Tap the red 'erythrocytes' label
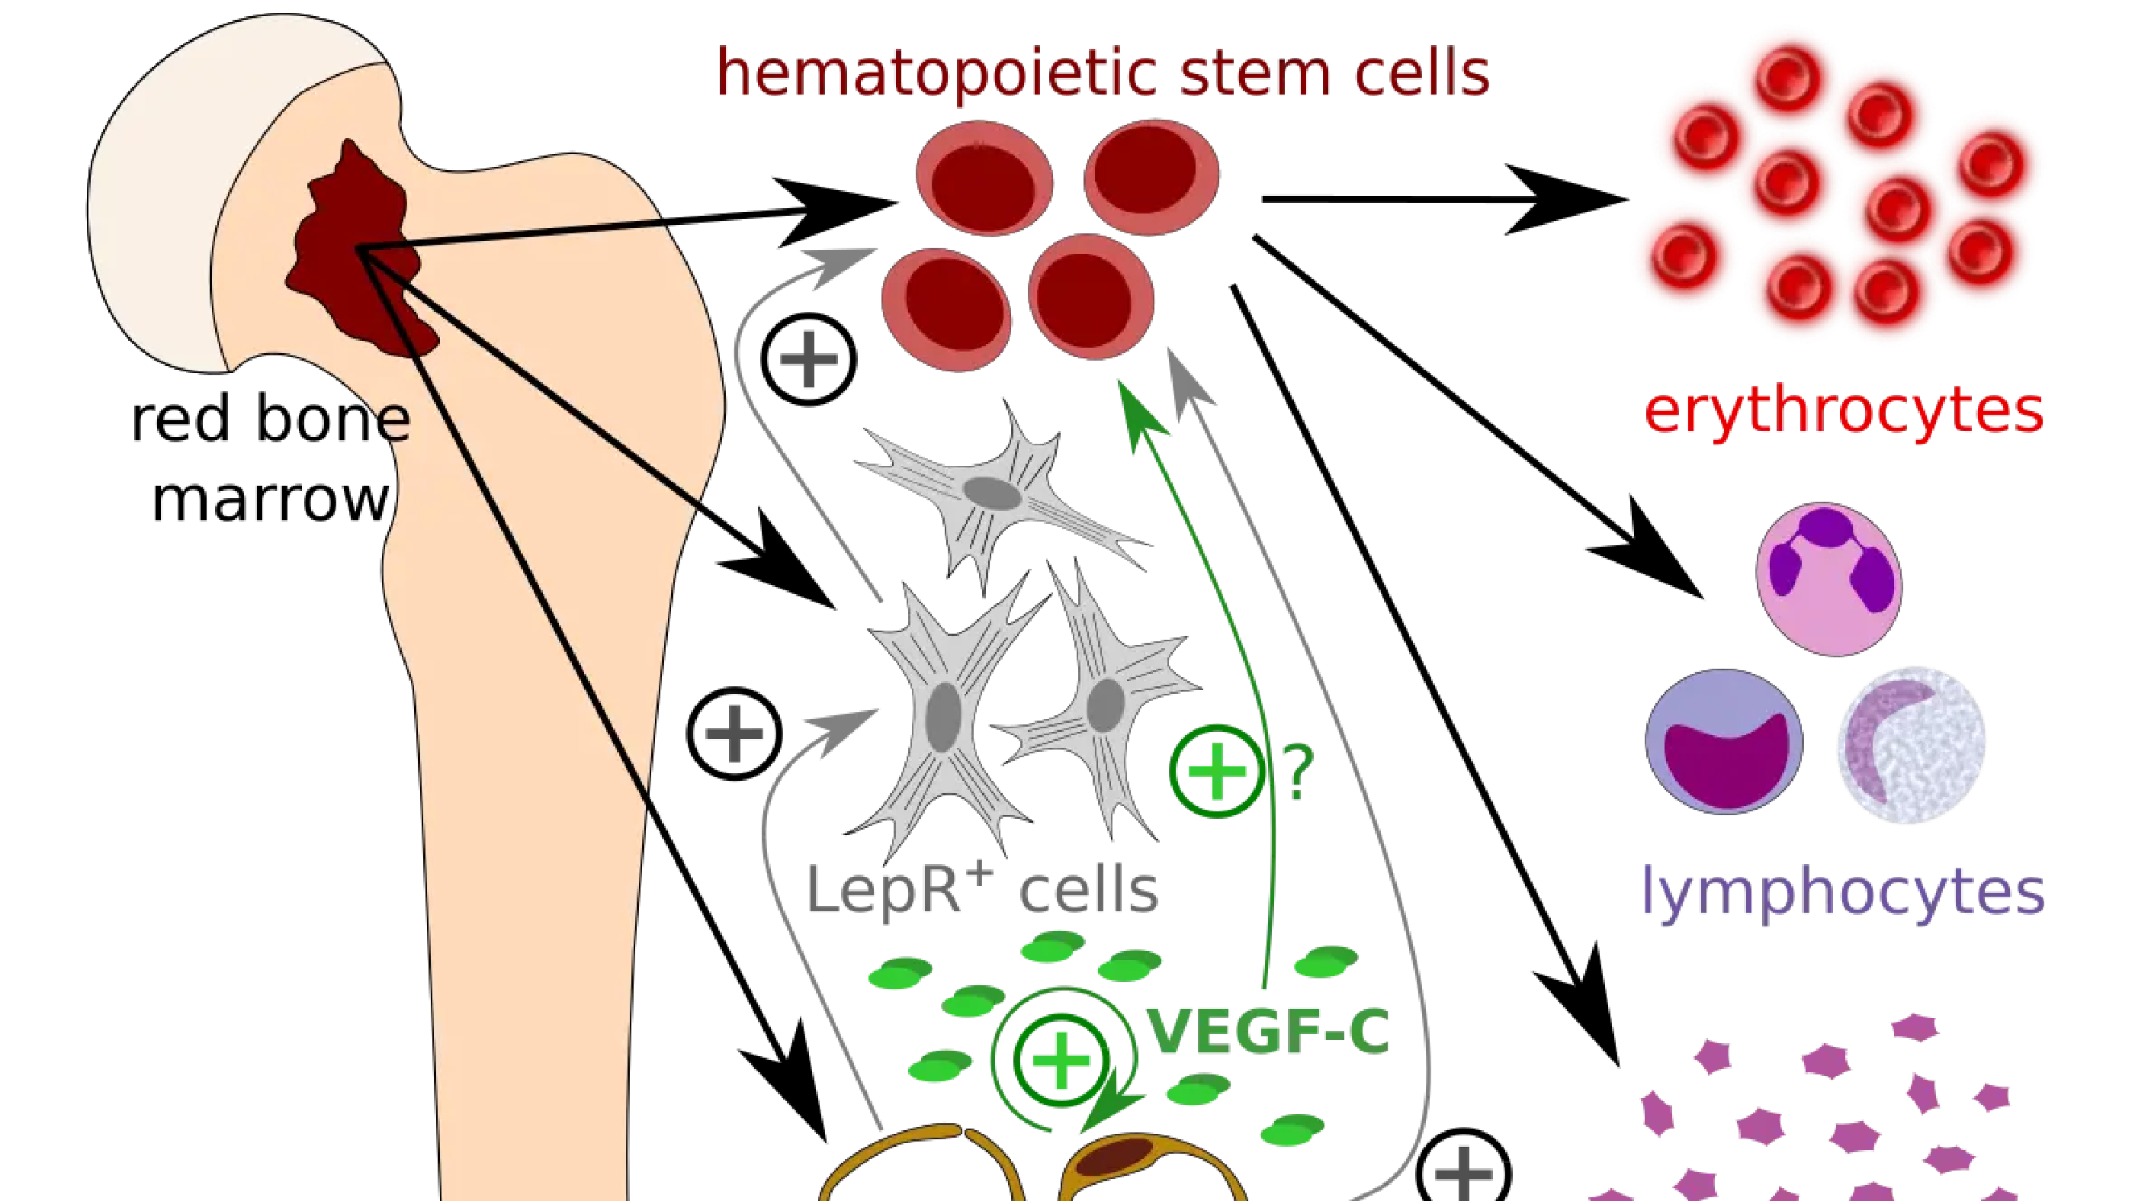click(x=1844, y=412)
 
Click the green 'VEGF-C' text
click(x=1268, y=1031)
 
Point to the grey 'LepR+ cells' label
click(x=982, y=889)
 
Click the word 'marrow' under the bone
click(x=270, y=499)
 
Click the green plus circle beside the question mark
click(x=1217, y=772)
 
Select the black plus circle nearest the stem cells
click(x=808, y=359)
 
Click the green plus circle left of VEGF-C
click(x=1061, y=1061)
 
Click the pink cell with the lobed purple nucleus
click(x=1829, y=579)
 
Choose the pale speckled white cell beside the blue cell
click(x=1912, y=744)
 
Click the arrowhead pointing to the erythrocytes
click(x=1566, y=199)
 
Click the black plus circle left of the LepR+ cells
click(x=734, y=734)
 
